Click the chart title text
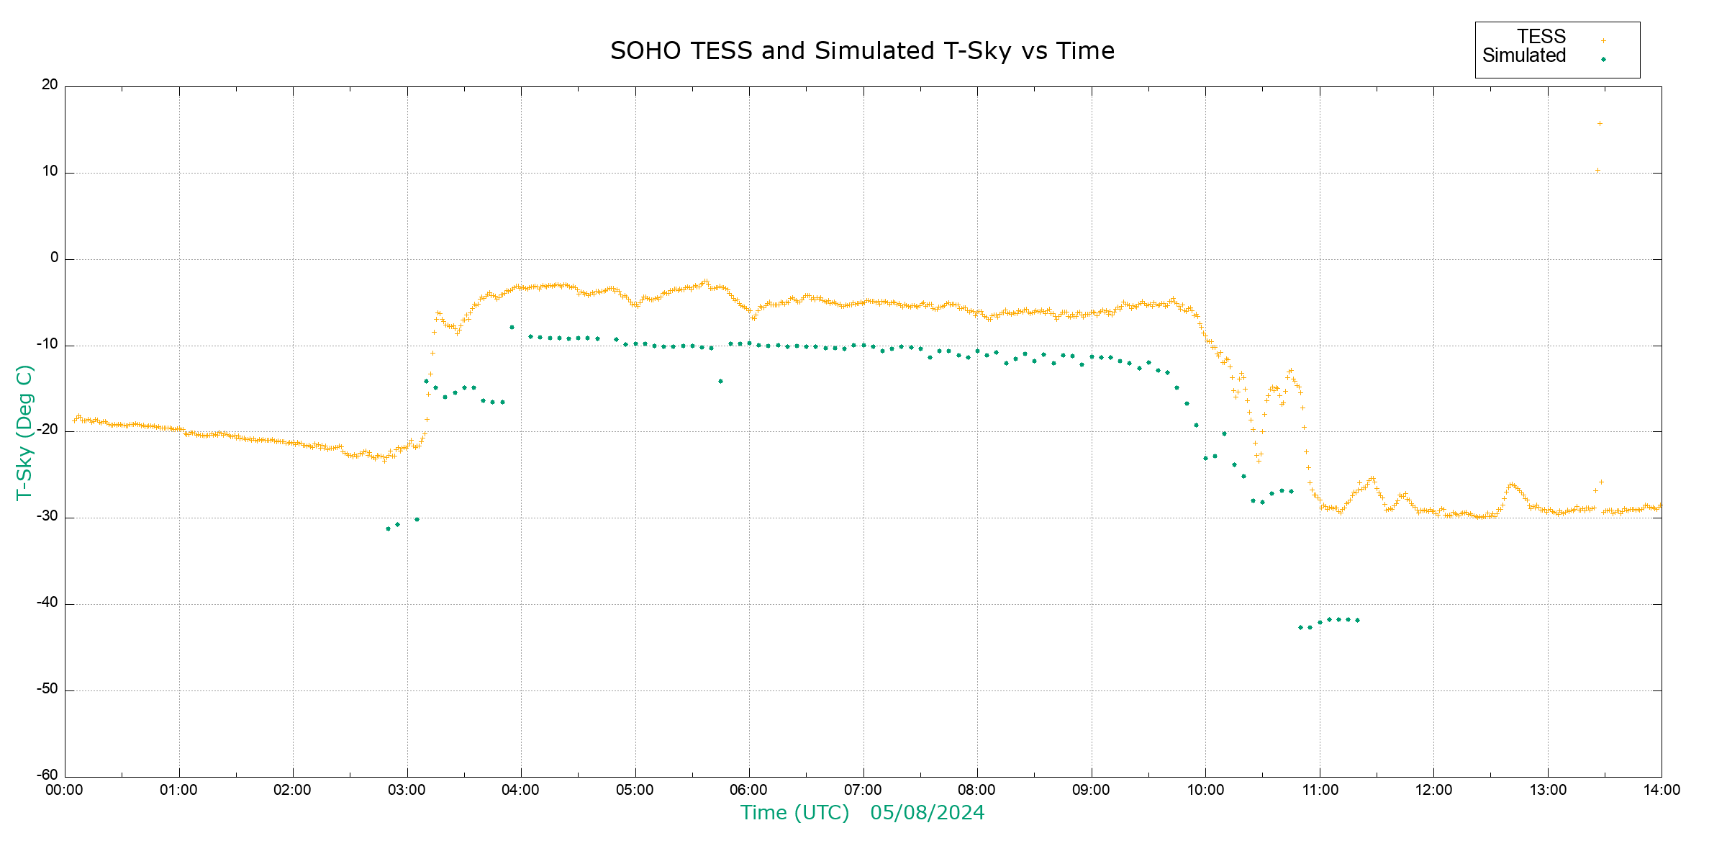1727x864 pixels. click(862, 51)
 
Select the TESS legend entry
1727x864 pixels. click(1541, 37)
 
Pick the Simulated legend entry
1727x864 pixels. click(1524, 56)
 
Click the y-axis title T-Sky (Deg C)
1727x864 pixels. click(24, 432)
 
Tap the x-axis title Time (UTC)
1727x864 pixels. click(794, 813)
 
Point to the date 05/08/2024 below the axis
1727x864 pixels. click(927, 813)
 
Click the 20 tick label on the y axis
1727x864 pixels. click(50, 85)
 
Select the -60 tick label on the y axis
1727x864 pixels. click(47, 775)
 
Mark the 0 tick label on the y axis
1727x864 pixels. click(55, 258)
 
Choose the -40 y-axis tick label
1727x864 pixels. click(47, 603)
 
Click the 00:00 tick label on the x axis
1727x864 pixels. click(65, 790)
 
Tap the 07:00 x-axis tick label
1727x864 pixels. click(863, 790)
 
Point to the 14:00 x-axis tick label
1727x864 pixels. click(1662, 790)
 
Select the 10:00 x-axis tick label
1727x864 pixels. click(1205, 790)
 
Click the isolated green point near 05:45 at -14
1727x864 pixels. click(720, 381)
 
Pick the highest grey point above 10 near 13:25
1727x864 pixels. click(1600, 124)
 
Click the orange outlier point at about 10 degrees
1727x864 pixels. click(1597, 171)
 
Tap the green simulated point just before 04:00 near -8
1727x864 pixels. click(512, 327)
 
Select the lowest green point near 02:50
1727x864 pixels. click(388, 528)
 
